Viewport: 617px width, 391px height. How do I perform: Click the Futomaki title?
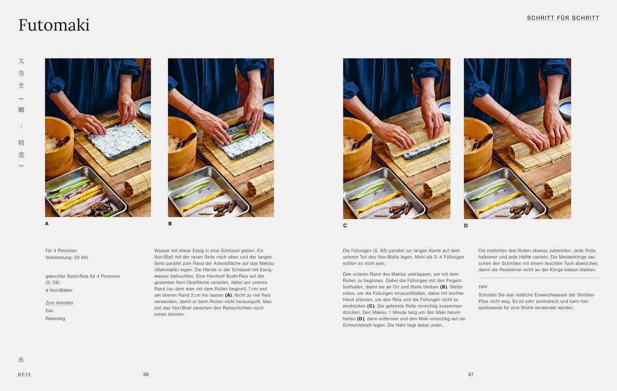click(54, 25)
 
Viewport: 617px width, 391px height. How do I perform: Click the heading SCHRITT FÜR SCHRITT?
click(563, 18)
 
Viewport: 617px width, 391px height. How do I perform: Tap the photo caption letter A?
click(47, 224)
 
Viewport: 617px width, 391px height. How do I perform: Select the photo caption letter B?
click(170, 224)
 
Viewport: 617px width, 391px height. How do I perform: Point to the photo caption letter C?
click(345, 226)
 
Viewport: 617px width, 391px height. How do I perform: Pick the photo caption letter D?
click(466, 226)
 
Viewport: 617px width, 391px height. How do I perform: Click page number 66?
click(146, 374)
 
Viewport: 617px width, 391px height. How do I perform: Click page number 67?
click(471, 374)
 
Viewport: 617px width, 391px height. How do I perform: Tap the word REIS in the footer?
click(25, 375)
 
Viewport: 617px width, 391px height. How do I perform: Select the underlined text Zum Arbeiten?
click(59, 303)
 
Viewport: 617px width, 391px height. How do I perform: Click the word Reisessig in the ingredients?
click(56, 319)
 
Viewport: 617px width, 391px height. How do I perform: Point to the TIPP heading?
click(483, 287)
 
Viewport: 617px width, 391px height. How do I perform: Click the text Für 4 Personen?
click(61, 251)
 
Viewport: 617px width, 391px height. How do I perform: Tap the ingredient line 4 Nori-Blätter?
click(59, 290)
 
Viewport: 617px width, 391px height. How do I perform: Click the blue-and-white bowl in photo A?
click(145, 110)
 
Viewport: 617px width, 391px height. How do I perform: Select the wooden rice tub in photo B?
click(182, 146)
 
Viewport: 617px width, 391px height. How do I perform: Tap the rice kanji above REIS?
click(21, 360)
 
